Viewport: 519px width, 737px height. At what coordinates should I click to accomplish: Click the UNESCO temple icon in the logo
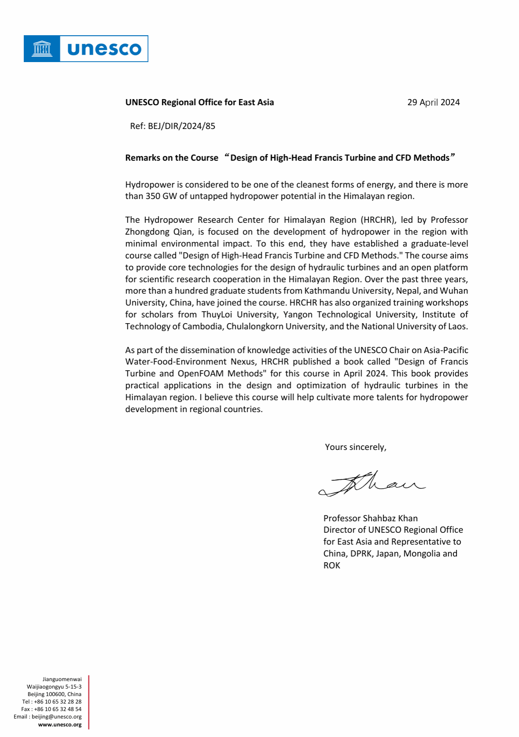(x=42, y=48)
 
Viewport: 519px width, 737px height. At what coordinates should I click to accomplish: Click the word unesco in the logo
(x=104, y=49)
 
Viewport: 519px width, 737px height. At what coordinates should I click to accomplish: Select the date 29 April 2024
(x=433, y=103)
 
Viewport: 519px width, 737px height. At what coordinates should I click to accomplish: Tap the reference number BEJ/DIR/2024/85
(x=182, y=126)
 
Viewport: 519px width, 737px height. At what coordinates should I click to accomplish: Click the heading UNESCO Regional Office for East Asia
(x=200, y=103)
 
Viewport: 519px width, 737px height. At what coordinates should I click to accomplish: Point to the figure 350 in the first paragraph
(x=152, y=196)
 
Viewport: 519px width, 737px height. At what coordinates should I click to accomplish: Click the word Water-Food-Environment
(x=169, y=362)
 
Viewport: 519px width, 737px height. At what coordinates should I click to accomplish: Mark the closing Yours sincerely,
(x=356, y=447)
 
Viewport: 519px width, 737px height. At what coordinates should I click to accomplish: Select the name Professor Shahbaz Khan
(x=371, y=519)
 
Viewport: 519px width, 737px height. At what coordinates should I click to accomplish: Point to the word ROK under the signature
(x=332, y=566)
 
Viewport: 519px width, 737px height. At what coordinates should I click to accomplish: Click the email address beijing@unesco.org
(x=56, y=717)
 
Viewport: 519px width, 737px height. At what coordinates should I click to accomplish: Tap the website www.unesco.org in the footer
(x=60, y=725)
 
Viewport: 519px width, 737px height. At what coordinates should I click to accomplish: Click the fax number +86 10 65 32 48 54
(x=58, y=709)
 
